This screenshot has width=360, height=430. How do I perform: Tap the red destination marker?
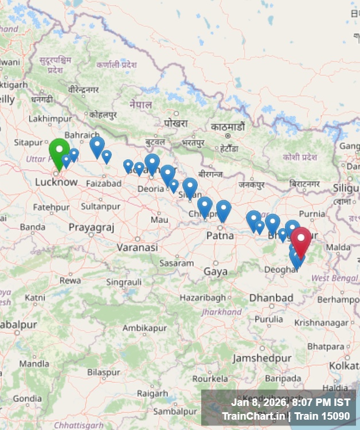[x=301, y=240]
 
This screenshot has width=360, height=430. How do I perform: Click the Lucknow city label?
[x=56, y=182]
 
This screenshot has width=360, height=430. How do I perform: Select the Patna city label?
[x=220, y=235]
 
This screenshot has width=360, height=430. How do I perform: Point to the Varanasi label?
[x=137, y=248]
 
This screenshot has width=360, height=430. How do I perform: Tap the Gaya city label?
[x=216, y=271]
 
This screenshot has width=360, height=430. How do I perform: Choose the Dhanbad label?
[x=271, y=298]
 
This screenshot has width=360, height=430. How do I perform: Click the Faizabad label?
[x=104, y=183]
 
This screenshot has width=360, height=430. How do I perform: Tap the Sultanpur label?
[x=100, y=205]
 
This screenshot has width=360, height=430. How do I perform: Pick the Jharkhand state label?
[x=221, y=312]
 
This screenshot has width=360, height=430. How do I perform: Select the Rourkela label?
[x=210, y=378]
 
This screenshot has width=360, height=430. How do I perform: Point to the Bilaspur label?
[x=103, y=372]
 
